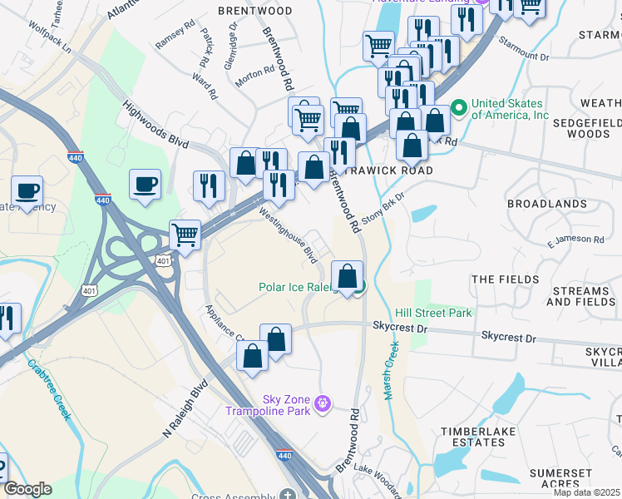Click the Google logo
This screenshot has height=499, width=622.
click(x=27, y=489)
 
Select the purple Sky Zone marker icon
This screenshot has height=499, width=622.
click(x=323, y=405)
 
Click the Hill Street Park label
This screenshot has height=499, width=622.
click(x=433, y=313)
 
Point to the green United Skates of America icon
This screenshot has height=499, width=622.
click(x=457, y=109)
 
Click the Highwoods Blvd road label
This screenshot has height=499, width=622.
click(x=155, y=126)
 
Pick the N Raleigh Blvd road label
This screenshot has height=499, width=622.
click(x=184, y=411)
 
